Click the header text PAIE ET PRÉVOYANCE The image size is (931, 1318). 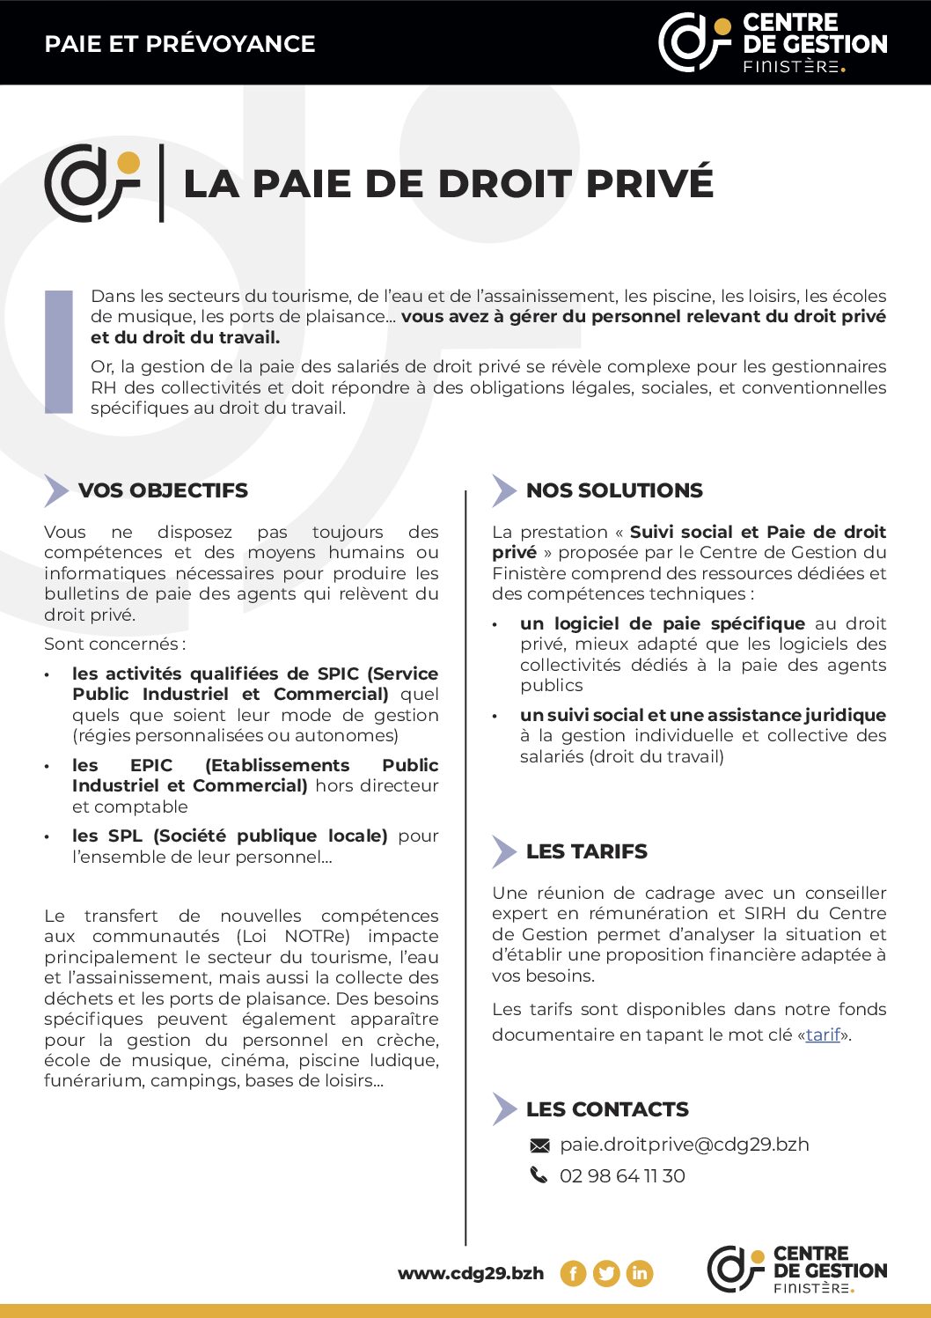pyautogui.click(x=180, y=44)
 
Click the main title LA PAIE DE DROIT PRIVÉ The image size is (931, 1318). pyautogui.click(x=448, y=183)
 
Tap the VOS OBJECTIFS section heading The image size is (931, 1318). pyautogui.click(x=163, y=490)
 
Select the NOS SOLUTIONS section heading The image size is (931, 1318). pyautogui.click(x=614, y=490)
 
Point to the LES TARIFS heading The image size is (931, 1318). pyautogui.click(x=586, y=851)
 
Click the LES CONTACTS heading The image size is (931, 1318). pyautogui.click(x=607, y=1109)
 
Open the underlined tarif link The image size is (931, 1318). pyautogui.click(x=823, y=1035)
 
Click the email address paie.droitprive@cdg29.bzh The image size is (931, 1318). pyautogui.click(x=684, y=1145)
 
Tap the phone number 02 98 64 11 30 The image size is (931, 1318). pyautogui.click(x=622, y=1175)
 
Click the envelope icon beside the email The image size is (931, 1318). pyautogui.click(x=539, y=1145)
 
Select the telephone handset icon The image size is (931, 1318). pyautogui.click(x=539, y=1175)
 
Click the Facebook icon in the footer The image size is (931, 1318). pyautogui.click(x=573, y=1273)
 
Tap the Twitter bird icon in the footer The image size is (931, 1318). pyautogui.click(x=606, y=1273)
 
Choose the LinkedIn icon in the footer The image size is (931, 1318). pyautogui.click(x=640, y=1273)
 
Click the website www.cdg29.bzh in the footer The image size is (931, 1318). pyautogui.click(x=471, y=1273)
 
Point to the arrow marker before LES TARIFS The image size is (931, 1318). pyautogui.click(x=503, y=851)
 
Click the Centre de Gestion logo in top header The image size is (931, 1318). pyautogui.click(x=773, y=42)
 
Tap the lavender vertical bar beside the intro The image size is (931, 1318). pyautogui.click(x=59, y=351)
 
